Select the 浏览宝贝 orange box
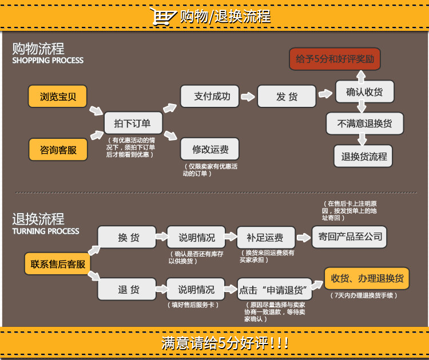point(58,96)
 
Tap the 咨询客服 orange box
point(58,150)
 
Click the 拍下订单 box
point(132,123)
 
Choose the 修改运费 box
point(209,149)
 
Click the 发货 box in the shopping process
point(286,97)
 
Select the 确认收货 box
point(364,91)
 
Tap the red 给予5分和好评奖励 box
point(335,59)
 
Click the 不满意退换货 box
point(364,123)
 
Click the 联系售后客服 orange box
point(58,264)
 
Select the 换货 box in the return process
point(127,238)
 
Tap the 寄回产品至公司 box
point(348,237)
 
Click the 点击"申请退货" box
point(275,289)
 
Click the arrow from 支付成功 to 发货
point(248,97)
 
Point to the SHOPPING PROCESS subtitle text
point(48,61)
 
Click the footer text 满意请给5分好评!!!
point(224,343)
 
